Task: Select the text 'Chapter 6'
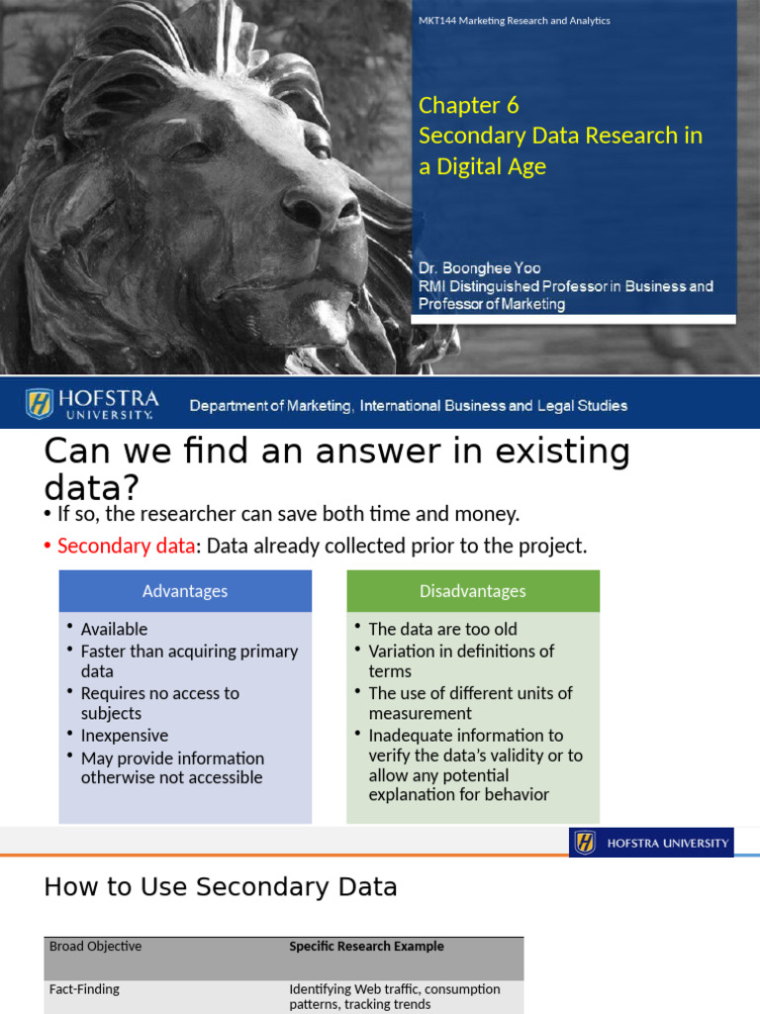[468, 105]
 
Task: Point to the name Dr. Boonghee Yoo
[479, 268]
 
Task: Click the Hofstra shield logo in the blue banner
[40, 404]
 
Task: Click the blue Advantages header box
[185, 591]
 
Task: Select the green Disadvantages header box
[473, 591]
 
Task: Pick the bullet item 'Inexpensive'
[125, 736]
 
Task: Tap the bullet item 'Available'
[114, 629]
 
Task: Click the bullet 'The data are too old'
[442, 629]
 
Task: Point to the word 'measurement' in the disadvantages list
[420, 713]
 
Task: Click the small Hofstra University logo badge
[651, 843]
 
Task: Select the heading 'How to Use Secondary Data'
[220, 887]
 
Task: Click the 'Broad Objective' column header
[95, 947]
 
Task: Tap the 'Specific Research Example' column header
[366, 947]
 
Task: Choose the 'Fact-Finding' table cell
[87, 989]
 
